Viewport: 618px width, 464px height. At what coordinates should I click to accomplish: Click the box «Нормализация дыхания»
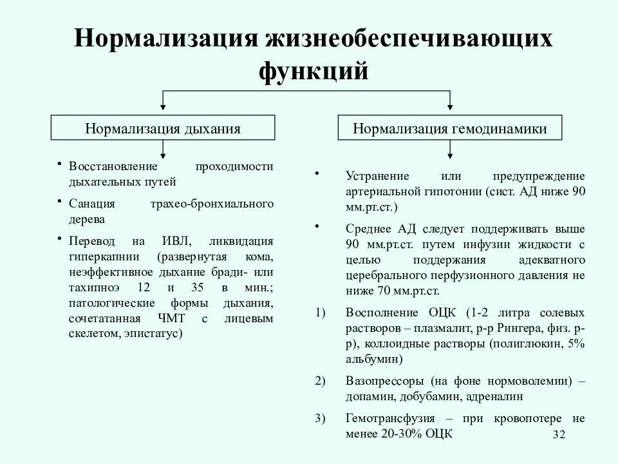(163, 128)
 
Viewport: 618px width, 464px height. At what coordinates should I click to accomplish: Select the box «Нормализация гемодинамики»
(450, 128)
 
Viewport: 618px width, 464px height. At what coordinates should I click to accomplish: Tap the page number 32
(558, 436)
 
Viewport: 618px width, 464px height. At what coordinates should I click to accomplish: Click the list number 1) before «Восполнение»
(321, 313)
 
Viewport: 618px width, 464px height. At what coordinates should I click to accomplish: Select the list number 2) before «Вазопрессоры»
(321, 381)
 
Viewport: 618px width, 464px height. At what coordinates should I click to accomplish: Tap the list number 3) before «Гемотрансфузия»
(321, 418)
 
